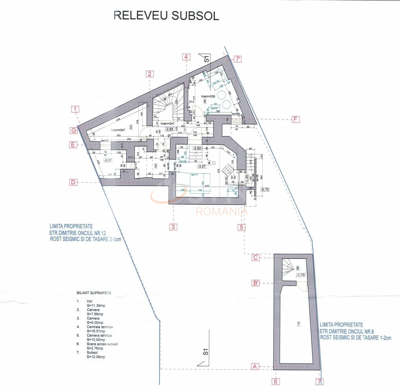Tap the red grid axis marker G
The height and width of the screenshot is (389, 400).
coord(73,130)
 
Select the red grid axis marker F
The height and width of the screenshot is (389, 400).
coord(295,119)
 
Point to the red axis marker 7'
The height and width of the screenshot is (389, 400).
coord(237,60)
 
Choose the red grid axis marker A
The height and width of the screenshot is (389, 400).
coord(255,367)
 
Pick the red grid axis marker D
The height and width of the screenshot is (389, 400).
coord(73,182)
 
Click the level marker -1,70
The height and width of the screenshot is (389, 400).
coord(301,275)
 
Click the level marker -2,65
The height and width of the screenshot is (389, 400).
coord(169,129)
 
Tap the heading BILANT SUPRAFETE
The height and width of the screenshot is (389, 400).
coord(94,293)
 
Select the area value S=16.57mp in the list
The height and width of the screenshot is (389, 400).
coord(95,331)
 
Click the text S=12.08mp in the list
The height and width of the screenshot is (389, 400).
coord(96,357)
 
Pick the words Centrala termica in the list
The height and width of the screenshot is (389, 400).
coord(100,327)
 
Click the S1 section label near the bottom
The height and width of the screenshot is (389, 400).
coord(205,351)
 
